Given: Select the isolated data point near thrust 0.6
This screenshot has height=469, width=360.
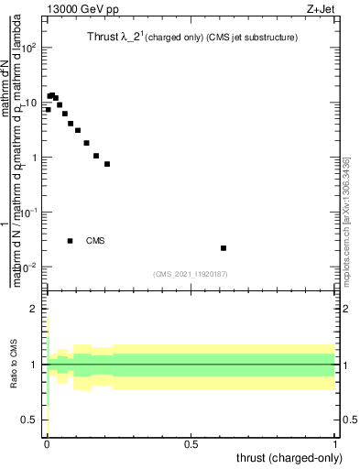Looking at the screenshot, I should (x=224, y=248).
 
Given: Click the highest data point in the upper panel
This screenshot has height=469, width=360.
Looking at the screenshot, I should (x=52, y=94).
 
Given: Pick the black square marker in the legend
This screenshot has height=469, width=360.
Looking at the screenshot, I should (x=70, y=241).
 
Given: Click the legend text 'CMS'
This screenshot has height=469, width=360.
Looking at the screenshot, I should (x=95, y=241).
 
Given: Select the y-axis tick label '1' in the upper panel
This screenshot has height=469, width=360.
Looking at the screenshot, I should (x=34, y=158).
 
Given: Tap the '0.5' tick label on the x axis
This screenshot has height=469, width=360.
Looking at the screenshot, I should (x=191, y=443).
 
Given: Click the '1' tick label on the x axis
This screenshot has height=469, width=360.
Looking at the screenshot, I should (x=335, y=443).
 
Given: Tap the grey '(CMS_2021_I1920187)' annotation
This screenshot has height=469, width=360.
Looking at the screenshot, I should (x=191, y=273).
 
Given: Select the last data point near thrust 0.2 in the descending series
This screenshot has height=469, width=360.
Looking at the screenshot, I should (x=107, y=164).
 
